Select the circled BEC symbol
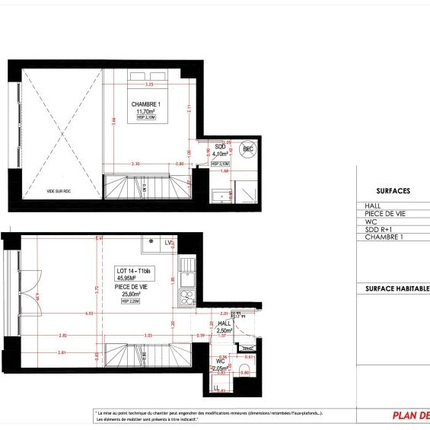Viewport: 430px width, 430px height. click(247, 149)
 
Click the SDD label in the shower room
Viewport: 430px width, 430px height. click(220, 146)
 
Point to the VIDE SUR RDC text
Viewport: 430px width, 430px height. click(43, 192)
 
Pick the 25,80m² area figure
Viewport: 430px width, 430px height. click(132, 294)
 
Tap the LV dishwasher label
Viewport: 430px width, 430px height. click(167, 242)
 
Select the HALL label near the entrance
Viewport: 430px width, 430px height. click(224, 323)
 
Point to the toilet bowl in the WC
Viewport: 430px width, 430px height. click(243, 371)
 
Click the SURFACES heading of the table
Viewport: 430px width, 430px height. click(393, 191)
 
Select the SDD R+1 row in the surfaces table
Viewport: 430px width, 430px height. click(380, 230)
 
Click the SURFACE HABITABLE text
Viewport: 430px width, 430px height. click(397, 288)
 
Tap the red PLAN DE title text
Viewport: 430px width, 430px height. click(410, 416)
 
